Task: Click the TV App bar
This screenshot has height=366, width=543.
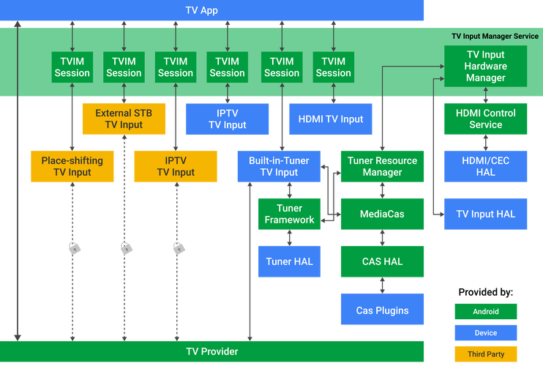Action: (212, 10)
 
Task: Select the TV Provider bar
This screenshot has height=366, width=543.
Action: (212, 352)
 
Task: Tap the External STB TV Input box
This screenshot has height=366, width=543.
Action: (124, 119)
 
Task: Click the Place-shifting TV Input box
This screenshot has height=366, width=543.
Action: (72, 166)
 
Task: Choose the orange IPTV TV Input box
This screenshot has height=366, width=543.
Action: (176, 166)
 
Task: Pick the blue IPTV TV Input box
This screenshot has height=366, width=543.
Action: (227, 119)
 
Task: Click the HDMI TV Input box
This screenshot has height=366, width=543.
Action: (331, 119)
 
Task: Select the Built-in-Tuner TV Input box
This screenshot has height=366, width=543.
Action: (279, 166)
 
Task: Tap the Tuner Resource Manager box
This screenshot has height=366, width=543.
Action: (382, 166)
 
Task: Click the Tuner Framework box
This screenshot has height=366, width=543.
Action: (289, 214)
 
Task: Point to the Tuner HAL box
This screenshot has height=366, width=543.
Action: (289, 261)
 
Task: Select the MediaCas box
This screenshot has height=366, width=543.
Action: (382, 214)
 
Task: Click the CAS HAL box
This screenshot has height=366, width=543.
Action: (382, 261)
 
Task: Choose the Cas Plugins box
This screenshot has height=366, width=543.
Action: (382, 310)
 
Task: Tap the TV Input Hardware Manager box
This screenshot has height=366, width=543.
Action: (485, 66)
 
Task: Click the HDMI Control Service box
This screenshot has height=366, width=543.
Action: (485, 119)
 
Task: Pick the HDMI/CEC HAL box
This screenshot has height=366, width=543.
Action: (485, 166)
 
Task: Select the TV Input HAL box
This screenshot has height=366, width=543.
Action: (485, 214)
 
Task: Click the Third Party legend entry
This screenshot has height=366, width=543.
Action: (485, 354)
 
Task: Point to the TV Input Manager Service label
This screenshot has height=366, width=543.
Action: (495, 36)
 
